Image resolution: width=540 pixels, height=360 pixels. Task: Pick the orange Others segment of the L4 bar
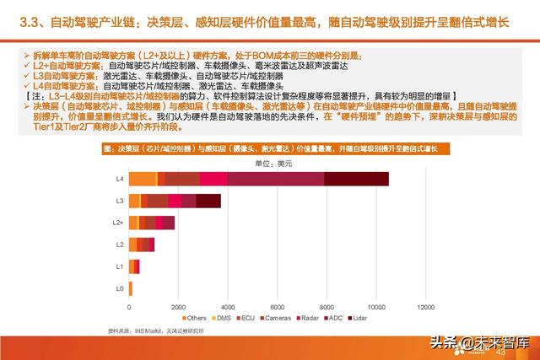coord(143,178)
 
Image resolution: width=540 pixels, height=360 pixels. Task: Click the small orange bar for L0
coord(130,288)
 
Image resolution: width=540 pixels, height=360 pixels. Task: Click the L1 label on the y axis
coord(119,266)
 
